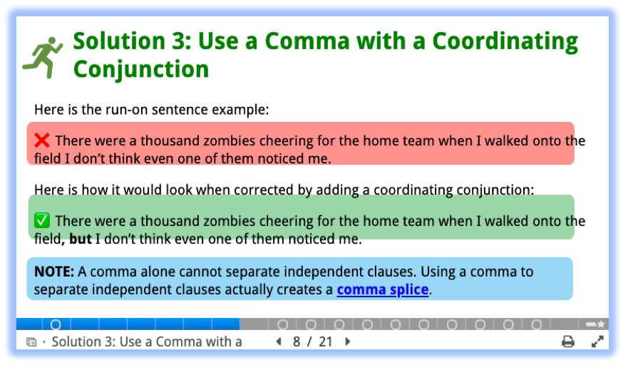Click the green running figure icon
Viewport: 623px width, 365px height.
pos(43,57)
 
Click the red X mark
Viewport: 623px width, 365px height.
pos(42,140)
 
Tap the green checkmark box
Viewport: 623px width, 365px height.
pos(42,220)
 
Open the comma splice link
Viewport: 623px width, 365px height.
pos(383,289)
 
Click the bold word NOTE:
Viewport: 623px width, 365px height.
pos(54,272)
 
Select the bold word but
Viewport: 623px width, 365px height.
pos(81,239)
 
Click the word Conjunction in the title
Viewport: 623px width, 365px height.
pos(141,69)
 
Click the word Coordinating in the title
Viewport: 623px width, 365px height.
pos(505,41)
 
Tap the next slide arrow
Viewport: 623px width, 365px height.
pos(348,341)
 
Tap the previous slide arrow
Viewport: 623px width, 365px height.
pos(279,341)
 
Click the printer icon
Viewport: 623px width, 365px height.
pos(568,341)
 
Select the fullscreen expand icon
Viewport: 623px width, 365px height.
pos(597,341)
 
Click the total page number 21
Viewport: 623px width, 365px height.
pos(326,341)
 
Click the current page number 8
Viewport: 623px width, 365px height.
pos(297,341)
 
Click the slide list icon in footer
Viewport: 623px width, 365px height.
pos(31,342)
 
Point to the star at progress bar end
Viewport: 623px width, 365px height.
pos(601,324)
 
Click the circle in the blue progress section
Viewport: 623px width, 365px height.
pos(56,324)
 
